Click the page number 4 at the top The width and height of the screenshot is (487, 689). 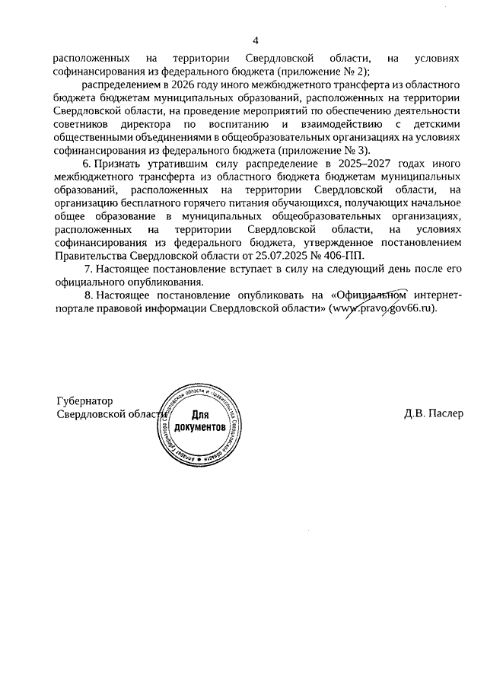click(256, 40)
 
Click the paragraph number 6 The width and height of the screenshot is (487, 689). click(88, 164)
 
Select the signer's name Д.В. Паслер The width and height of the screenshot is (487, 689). click(433, 414)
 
